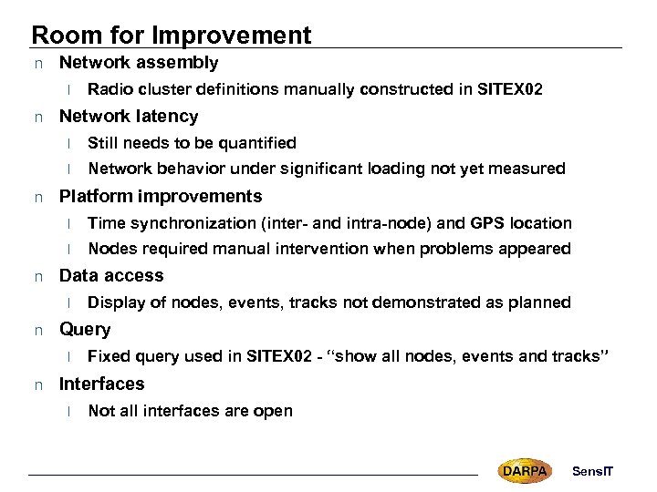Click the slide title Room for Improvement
click(171, 35)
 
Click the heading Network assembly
click(139, 63)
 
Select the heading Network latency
click(128, 117)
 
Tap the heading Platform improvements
click(161, 197)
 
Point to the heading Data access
click(111, 276)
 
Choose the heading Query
click(85, 330)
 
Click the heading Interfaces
click(101, 384)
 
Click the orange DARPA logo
click(525, 470)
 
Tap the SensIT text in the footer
click(593, 471)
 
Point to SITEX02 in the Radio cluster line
click(512, 89)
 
